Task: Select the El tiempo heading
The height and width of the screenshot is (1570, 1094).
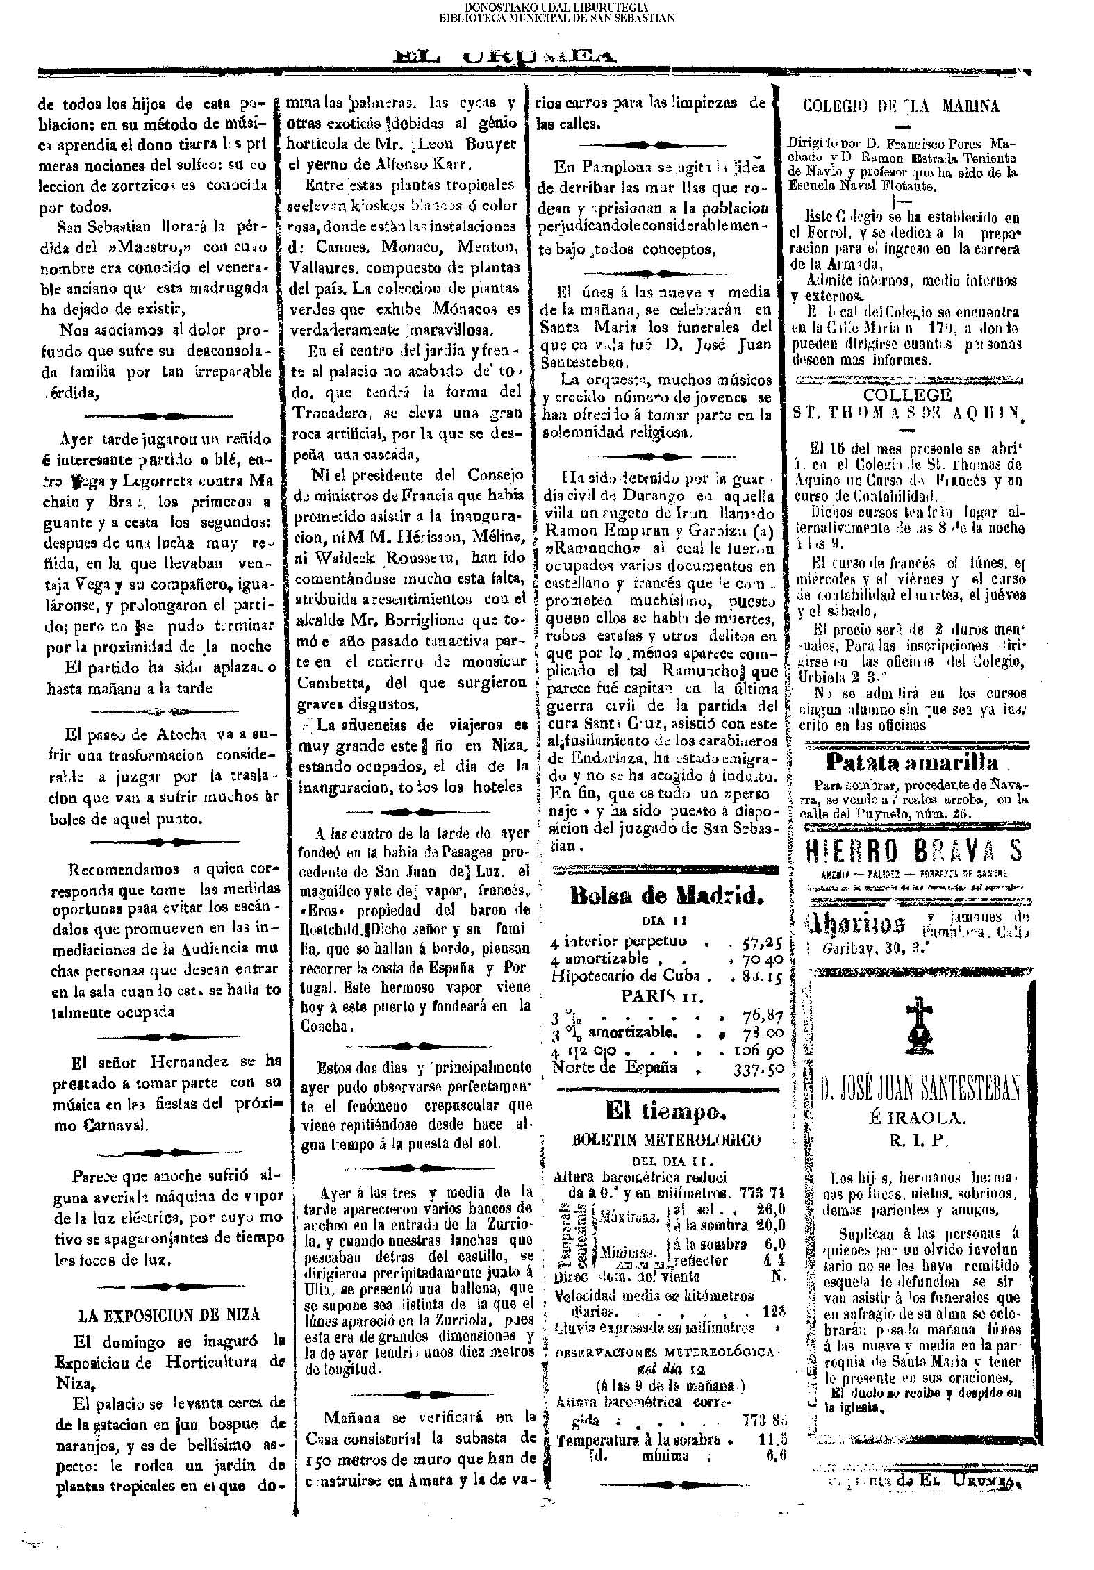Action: tap(665, 1112)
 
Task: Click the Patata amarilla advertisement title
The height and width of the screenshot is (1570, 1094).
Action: tap(911, 763)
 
